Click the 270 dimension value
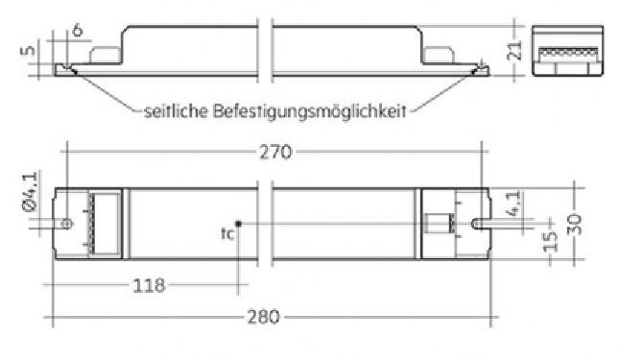coord(275,153)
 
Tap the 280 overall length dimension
coord(263,317)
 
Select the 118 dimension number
coord(149,285)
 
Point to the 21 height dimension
coord(514,50)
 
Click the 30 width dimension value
coord(575,225)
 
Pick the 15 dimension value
coord(551,241)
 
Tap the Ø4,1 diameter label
coord(31,192)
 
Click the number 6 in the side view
coord(78,30)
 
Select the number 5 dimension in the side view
coord(29,50)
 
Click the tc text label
coord(227,233)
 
